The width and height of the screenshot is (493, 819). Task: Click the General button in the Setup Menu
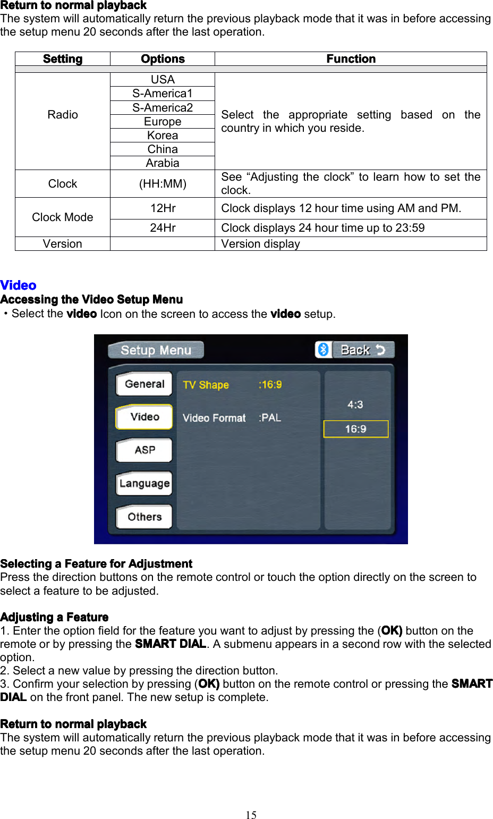point(144,384)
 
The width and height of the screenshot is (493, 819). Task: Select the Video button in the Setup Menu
point(144,417)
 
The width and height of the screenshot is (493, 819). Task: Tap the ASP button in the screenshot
point(144,450)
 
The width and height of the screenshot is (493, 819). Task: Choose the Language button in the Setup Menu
point(144,484)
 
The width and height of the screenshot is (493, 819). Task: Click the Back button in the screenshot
point(363,350)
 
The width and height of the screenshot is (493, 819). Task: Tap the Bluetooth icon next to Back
point(323,350)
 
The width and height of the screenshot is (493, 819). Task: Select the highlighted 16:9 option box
point(355,429)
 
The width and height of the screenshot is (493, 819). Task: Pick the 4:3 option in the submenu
point(355,404)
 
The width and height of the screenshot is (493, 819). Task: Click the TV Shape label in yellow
point(206,385)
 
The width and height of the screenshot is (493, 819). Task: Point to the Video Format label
point(214,418)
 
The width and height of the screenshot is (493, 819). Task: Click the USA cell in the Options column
point(163,80)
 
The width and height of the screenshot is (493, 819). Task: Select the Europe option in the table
point(163,122)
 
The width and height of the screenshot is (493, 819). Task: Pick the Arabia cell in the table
point(163,163)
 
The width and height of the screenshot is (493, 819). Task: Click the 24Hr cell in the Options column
point(163,228)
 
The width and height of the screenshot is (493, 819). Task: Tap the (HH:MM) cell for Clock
point(163,184)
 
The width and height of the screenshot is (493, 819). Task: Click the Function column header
point(351,59)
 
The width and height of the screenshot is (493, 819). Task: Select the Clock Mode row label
point(63,217)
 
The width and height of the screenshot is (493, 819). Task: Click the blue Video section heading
point(19,285)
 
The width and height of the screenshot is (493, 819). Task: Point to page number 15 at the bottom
point(251,815)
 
